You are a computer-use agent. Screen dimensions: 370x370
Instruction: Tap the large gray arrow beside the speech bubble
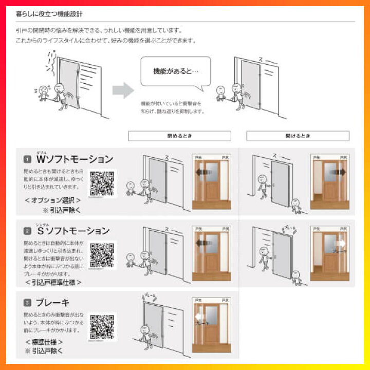(123, 90)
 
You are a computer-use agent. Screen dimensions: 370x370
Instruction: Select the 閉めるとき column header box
(179, 136)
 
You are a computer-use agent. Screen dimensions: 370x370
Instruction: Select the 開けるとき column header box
(298, 136)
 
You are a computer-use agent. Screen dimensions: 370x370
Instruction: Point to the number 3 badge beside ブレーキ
(27, 303)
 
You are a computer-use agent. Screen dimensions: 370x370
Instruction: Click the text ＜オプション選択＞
(53, 199)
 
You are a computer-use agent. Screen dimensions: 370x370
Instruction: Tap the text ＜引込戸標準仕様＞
(53, 282)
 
